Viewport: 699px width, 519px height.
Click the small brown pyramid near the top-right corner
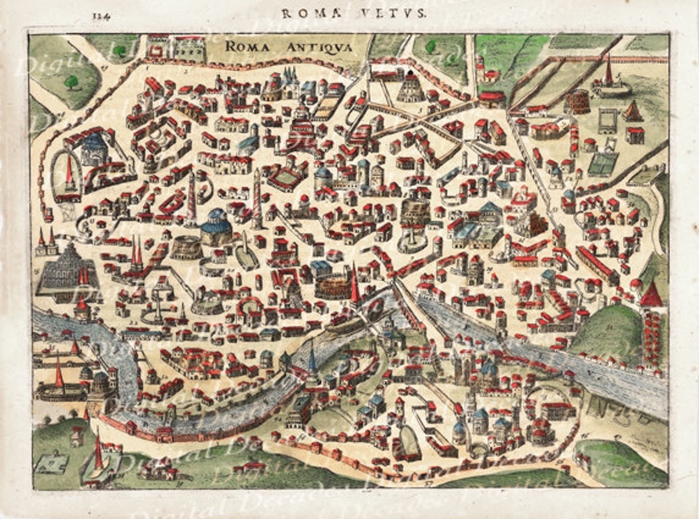point(633,111)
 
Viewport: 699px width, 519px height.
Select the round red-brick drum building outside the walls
point(576,102)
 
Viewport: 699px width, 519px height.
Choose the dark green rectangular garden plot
point(601,164)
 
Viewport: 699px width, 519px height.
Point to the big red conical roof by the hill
point(651,295)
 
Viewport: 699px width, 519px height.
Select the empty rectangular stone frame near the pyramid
point(607,121)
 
